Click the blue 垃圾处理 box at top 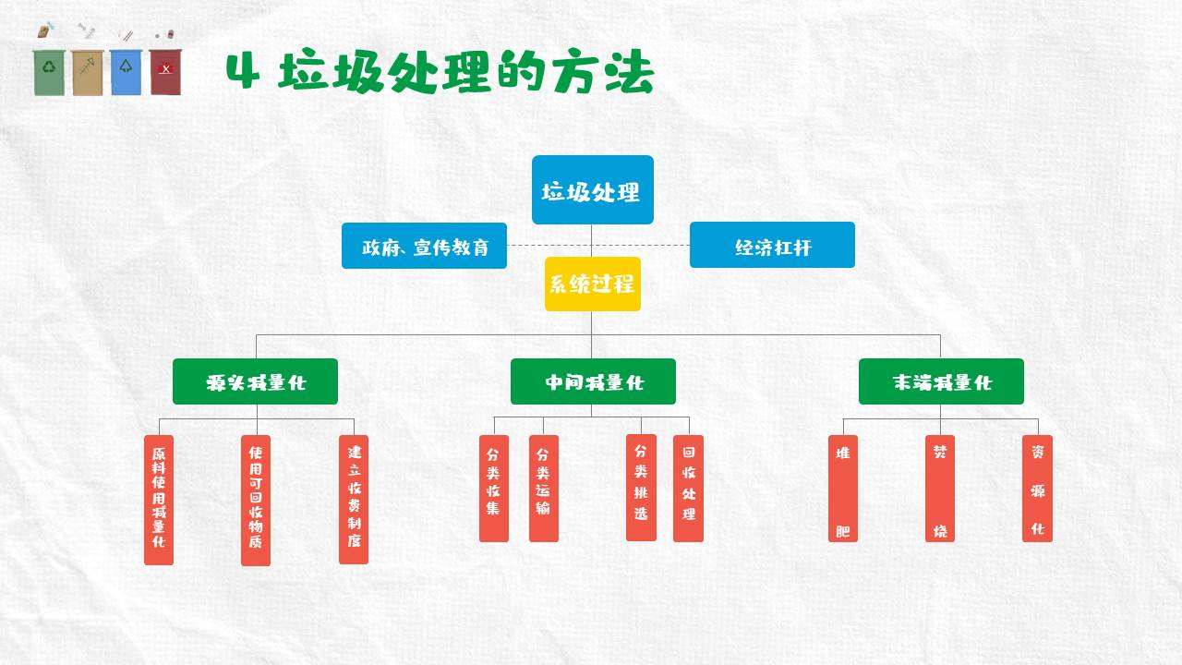coord(592,190)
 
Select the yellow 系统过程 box coord(592,284)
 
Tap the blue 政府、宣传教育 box coord(424,246)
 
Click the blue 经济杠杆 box coord(772,246)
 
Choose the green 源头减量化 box coord(255,381)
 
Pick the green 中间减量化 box coord(593,381)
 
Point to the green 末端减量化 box coord(941,381)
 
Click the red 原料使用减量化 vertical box coord(159,500)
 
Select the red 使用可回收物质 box coord(256,500)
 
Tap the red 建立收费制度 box coord(354,499)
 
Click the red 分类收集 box coord(493,489)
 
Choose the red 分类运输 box coord(543,489)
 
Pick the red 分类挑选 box coord(641,488)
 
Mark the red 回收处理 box coord(688,489)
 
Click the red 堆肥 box coord(842,489)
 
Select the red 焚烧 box coord(939,489)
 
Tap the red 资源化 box coord(1037,489)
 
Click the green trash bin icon coord(49,72)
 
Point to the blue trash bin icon coord(127,72)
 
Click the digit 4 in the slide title coord(243,73)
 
